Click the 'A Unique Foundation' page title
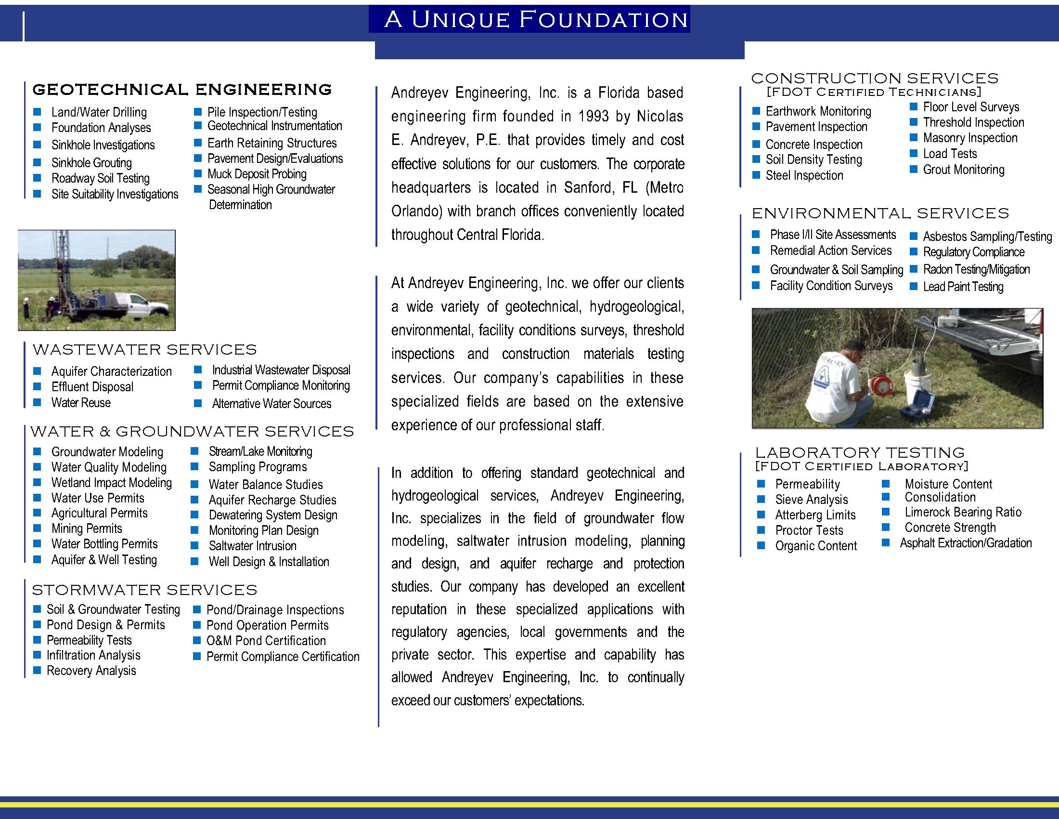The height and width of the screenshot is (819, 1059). coord(535,20)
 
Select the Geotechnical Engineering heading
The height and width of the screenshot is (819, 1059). coord(182,90)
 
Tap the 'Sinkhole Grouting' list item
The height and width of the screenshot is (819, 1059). coord(91,162)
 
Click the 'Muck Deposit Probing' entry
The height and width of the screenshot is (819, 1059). coord(257,174)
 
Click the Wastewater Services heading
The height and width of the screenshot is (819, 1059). coord(144,349)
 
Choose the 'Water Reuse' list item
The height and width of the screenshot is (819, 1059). coord(81,403)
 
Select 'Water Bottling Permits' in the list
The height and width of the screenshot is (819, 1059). coord(104,544)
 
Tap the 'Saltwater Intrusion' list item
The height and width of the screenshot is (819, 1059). coord(252,546)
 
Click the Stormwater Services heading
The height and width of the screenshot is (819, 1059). coord(144,590)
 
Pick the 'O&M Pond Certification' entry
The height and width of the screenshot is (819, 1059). coord(266,640)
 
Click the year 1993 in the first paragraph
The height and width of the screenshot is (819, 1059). coord(594,117)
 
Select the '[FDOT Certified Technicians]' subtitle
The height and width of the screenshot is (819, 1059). coord(874,92)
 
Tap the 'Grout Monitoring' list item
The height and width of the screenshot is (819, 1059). coord(964,170)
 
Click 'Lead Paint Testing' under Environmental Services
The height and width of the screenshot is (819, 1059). coord(963,287)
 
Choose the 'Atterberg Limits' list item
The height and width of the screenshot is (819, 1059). coord(815,515)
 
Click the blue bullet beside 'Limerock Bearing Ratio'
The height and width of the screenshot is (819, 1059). coord(885,512)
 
